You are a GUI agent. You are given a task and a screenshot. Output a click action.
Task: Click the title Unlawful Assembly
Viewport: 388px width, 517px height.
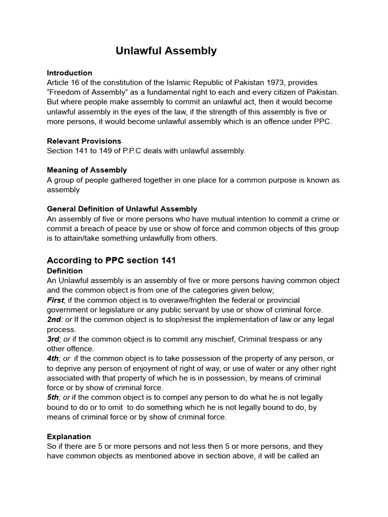pyautogui.click(x=166, y=51)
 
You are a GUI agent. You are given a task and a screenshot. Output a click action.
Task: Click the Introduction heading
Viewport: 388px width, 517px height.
pyautogui.click(x=69, y=73)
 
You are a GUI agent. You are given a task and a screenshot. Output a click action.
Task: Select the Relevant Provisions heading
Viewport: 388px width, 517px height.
pyautogui.click(x=84, y=141)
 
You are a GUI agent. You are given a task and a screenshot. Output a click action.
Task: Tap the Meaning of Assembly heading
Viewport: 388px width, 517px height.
pyautogui.click(x=87, y=170)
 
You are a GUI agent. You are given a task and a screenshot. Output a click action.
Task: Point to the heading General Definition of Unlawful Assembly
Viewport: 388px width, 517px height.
pyautogui.click(x=122, y=209)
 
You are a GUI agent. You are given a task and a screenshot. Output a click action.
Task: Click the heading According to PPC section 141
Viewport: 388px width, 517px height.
pyautogui.click(x=111, y=261)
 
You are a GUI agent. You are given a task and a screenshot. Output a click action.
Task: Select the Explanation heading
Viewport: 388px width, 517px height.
pyautogui.click(x=69, y=437)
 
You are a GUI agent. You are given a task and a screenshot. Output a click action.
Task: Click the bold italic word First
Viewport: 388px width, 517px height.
pyautogui.click(x=56, y=300)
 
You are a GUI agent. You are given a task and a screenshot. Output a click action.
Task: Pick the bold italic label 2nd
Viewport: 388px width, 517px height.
pyautogui.click(x=55, y=320)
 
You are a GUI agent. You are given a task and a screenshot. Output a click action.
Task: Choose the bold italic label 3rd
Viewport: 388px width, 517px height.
pyautogui.click(x=54, y=339)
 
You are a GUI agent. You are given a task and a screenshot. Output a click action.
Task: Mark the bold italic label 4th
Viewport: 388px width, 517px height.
pyautogui.click(x=54, y=358)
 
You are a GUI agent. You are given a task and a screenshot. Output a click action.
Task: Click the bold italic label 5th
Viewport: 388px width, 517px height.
pyautogui.click(x=54, y=398)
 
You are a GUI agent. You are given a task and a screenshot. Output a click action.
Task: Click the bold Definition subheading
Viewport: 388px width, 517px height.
pyautogui.click(x=65, y=271)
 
